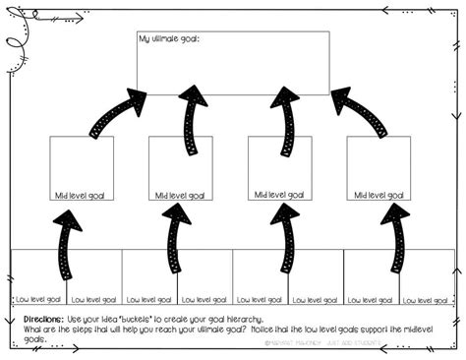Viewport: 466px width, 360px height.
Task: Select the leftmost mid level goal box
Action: tap(82, 167)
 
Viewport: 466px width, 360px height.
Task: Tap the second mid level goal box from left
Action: tap(180, 167)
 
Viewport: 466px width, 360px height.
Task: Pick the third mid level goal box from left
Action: tap(279, 167)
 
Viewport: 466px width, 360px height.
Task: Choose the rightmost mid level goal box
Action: tap(379, 167)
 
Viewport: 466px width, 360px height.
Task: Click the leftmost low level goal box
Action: tap(38, 276)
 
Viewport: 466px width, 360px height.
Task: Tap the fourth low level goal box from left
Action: tap(204, 276)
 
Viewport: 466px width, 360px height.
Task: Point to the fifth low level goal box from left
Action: tap(260, 276)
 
